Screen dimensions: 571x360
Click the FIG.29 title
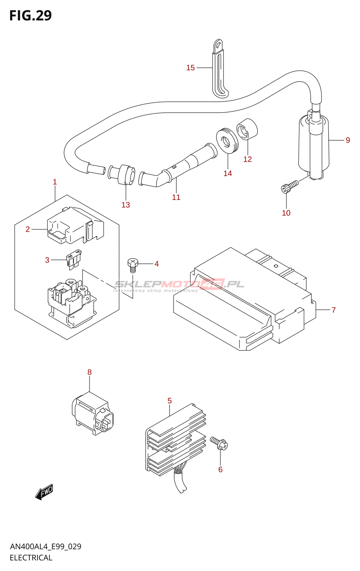(x=30, y=16)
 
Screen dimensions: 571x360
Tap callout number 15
(x=190, y=68)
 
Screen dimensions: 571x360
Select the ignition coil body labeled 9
(x=314, y=146)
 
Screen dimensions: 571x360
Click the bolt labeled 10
(x=289, y=186)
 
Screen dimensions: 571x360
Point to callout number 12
(x=247, y=159)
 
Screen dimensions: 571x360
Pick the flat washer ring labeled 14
(x=227, y=141)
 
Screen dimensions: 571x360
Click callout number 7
(x=334, y=310)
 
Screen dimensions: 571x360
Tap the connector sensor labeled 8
(x=93, y=414)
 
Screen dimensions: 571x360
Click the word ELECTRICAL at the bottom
(x=31, y=558)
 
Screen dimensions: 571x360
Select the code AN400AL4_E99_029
(x=46, y=547)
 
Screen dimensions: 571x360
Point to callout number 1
(x=55, y=182)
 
